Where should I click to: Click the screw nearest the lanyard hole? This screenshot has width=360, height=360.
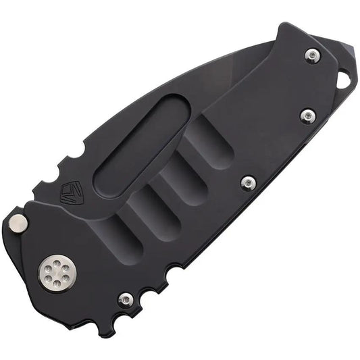click(313, 57)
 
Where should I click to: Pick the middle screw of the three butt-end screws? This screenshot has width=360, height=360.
click(306, 117)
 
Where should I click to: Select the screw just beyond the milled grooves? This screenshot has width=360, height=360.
click(249, 182)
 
